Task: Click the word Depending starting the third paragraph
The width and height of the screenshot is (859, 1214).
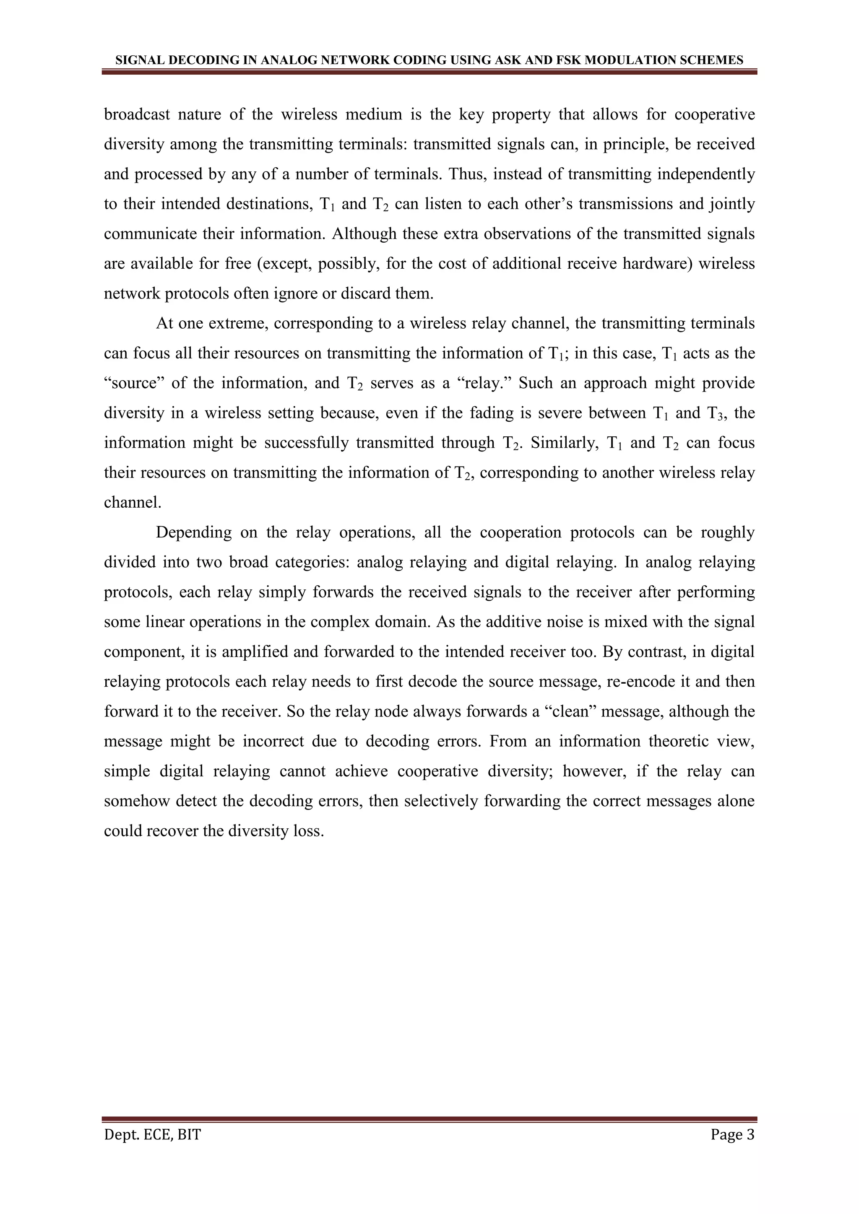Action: click(x=194, y=532)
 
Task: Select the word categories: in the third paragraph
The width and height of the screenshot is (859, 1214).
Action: click(x=312, y=562)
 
